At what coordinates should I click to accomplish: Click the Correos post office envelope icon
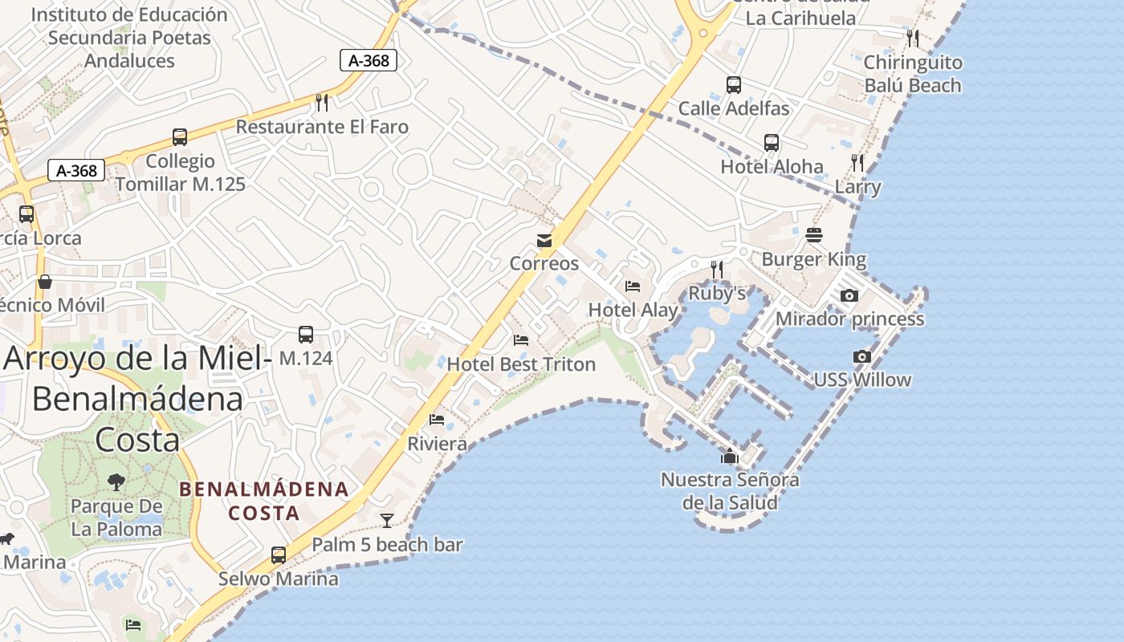click(544, 241)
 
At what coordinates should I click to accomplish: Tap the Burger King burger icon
click(814, 235)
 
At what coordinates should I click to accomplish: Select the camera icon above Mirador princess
click(849, 296)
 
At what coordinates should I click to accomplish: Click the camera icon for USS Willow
click(862, 356)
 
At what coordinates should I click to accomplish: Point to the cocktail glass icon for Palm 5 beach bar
click(387, 521)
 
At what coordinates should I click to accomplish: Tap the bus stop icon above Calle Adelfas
click(733, 84)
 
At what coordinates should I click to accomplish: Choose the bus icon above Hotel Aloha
click(772, 143)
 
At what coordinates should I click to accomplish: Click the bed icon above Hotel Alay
click(633, 286)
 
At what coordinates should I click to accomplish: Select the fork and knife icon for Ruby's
click(717, 270)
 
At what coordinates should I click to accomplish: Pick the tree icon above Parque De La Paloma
click(116, 481)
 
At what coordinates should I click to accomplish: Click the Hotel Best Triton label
click(521, 364)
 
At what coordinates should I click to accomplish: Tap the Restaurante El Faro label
click(322, 127)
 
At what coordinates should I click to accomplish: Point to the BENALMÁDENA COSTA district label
click(264, 501)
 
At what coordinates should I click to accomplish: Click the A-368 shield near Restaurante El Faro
click(369, 60)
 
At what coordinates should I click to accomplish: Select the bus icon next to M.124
click(305, 335)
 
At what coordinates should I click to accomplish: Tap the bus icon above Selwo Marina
click(279, 555)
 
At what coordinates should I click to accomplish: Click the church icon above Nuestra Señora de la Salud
click(729, 457)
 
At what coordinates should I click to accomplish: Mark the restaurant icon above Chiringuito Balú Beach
click(913, 38)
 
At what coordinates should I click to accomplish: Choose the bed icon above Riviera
click(437, 420)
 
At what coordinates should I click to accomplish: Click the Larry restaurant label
click(857, 187)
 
